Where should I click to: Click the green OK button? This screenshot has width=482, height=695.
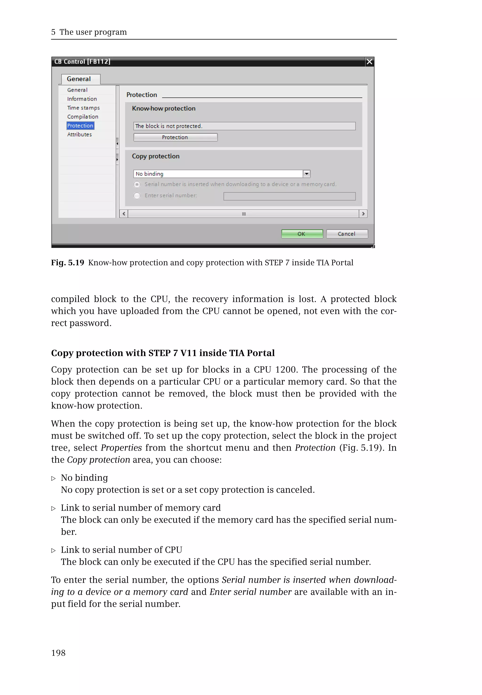tap(302, 234)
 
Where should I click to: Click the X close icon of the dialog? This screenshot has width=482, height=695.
tap(369, 62)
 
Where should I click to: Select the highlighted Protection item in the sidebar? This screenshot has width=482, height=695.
tap(80, 126)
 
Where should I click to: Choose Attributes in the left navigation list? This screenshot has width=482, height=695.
tap(79, 135)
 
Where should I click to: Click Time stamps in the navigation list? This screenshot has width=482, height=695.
tap(83, 108)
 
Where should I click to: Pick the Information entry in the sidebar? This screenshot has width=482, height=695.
tap(82, 99)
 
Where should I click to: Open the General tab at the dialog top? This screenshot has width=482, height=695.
tap(79, 79)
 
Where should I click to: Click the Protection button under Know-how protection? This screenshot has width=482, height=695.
tap(175, 137)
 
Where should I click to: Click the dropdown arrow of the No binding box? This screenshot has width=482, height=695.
tap(306, 174)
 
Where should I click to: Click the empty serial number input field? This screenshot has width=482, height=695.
tap(289, 196)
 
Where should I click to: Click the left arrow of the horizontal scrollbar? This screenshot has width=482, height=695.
tap(124, 214)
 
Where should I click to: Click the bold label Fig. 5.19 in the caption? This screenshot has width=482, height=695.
tap(67, 263)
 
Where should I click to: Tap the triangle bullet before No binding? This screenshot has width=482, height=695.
tap(53, 478)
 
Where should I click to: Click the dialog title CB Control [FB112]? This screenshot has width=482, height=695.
tap(82, 62)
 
